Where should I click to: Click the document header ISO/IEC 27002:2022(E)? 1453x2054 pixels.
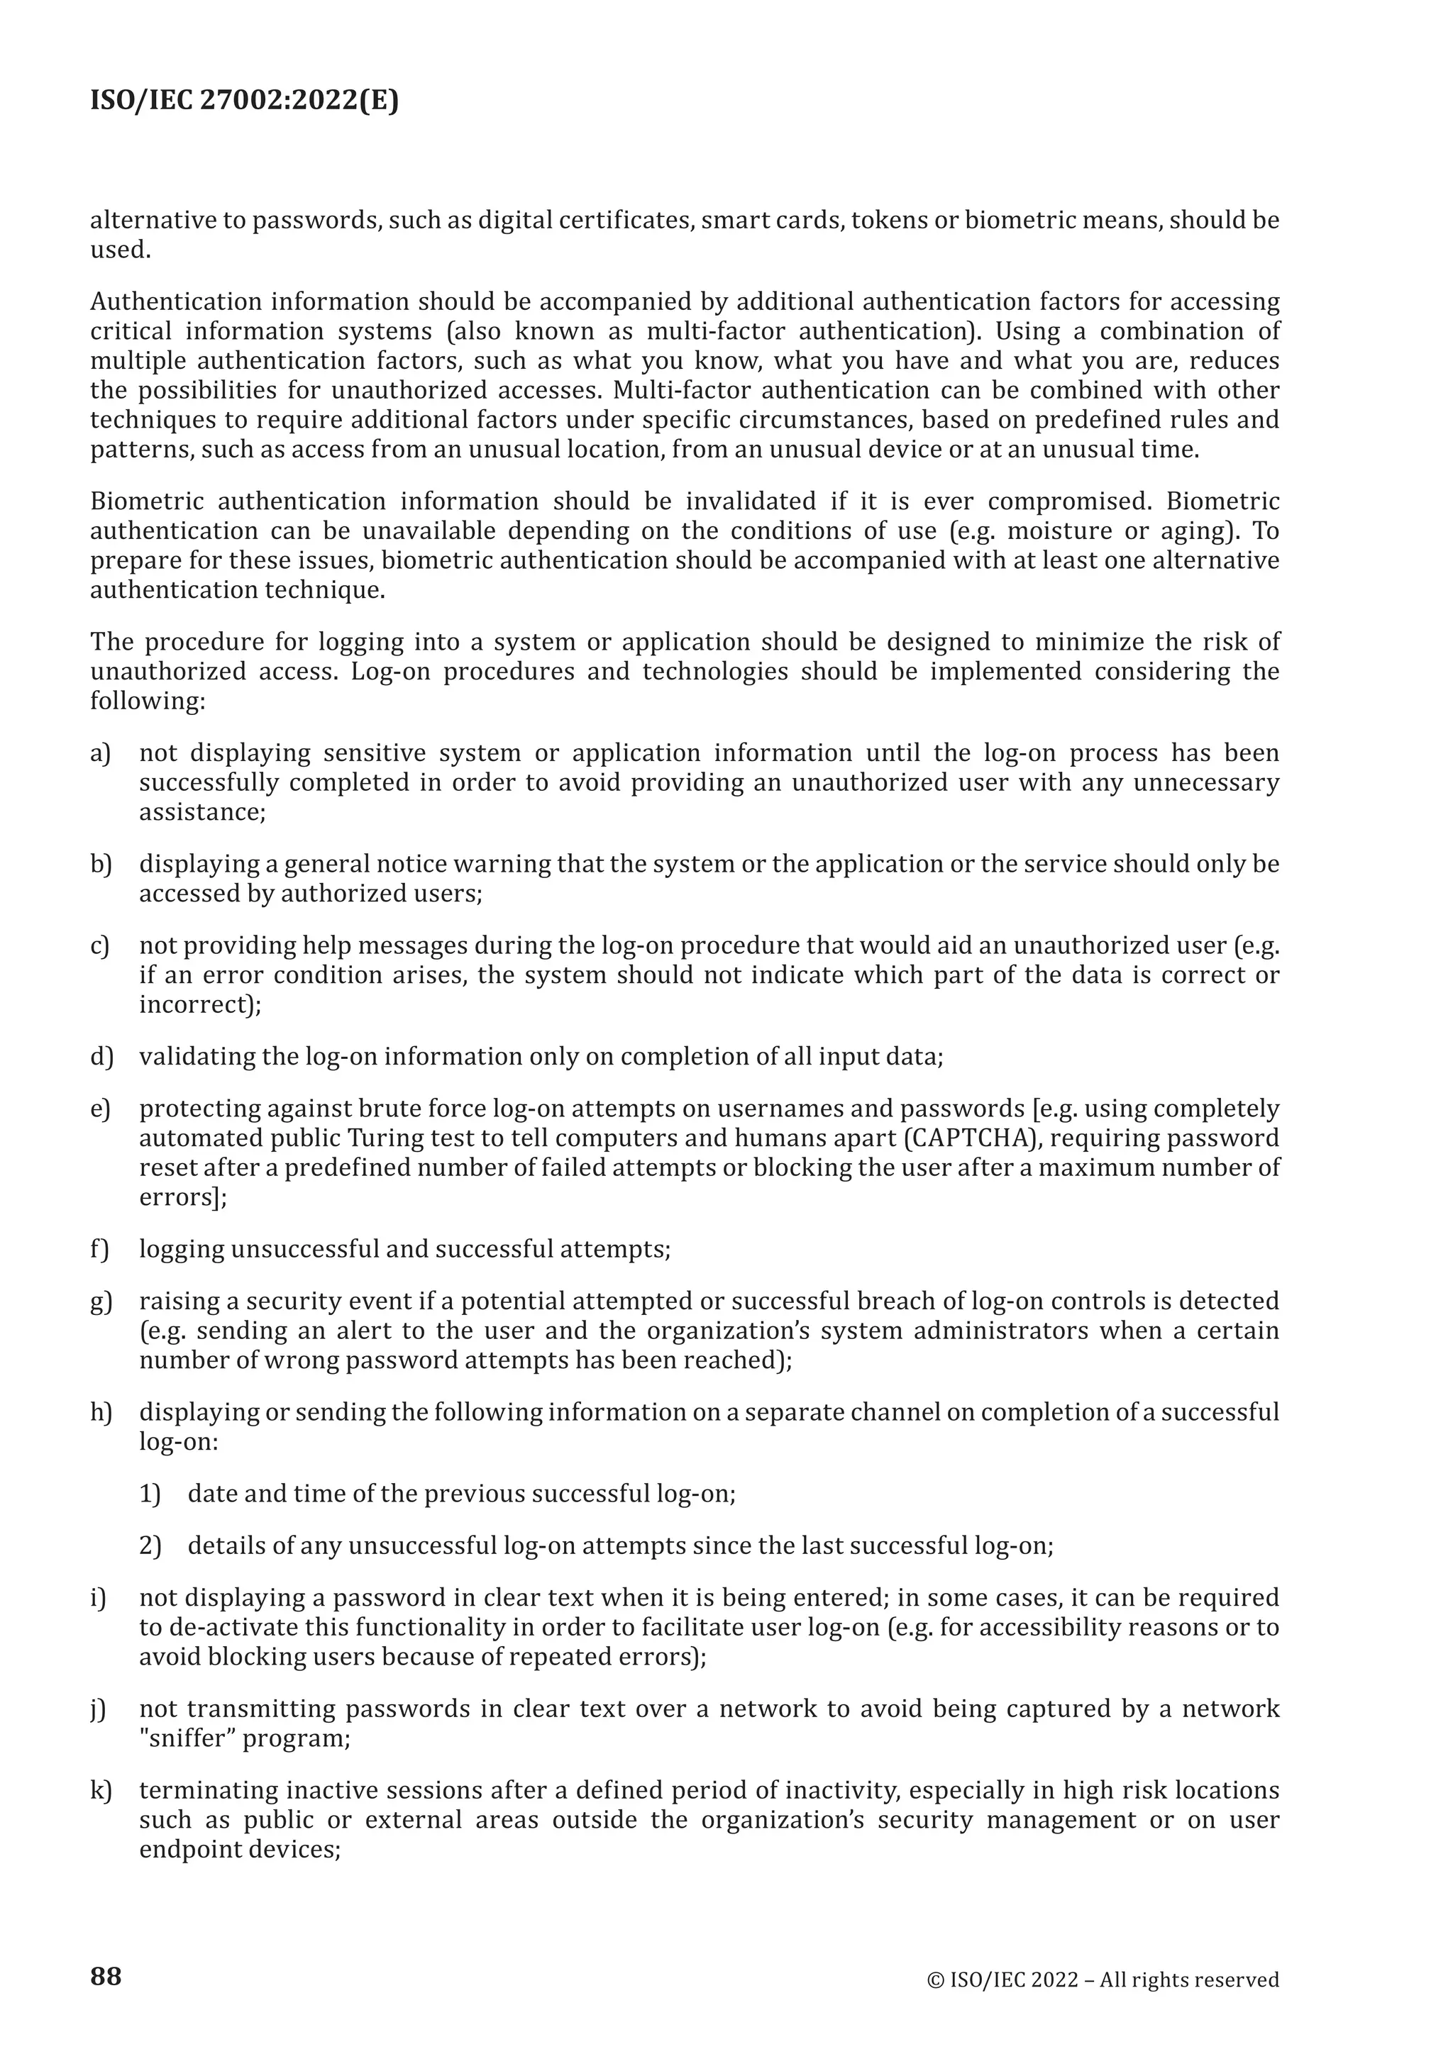[244, 101]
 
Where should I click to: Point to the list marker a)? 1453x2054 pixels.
[100, 753]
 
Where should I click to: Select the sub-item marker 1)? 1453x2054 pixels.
[150, 1494]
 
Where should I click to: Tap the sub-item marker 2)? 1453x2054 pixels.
[150, 1546]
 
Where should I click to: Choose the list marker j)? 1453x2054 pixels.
[99, 1709]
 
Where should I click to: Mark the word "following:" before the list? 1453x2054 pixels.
[148, 701]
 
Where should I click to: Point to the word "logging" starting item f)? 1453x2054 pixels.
[182, 1250]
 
